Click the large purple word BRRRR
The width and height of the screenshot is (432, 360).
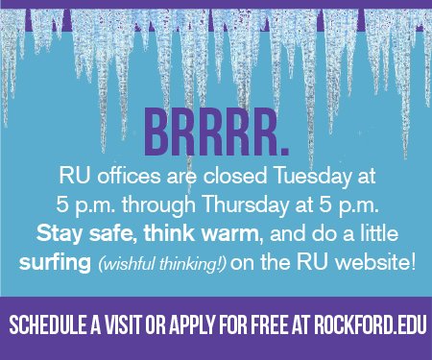point(217,138)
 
